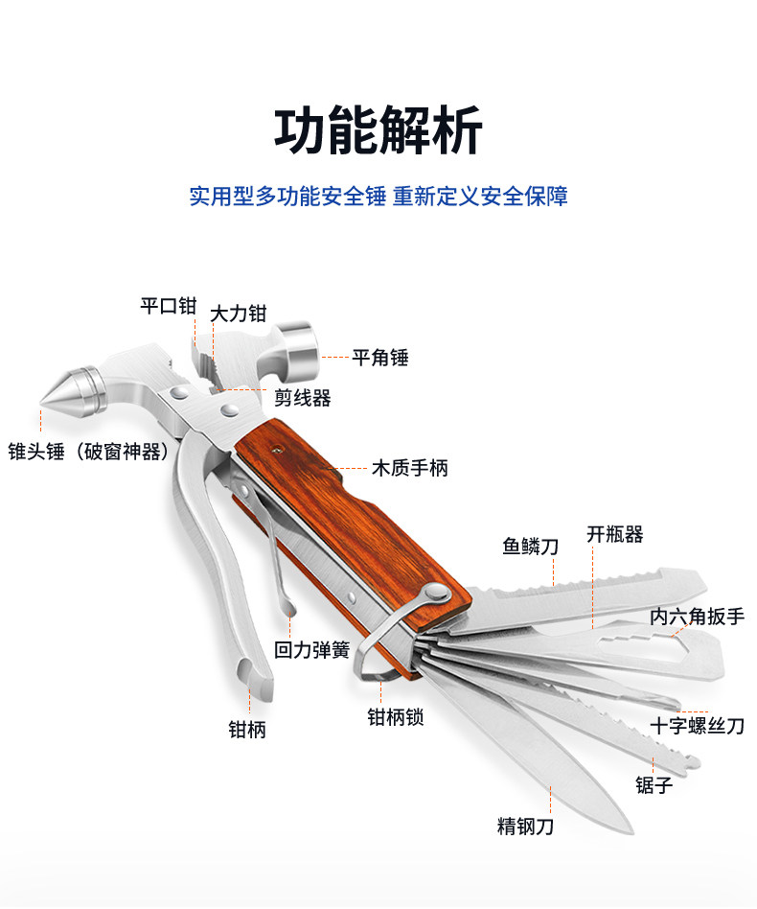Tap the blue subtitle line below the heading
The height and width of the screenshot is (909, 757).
click(378, 197)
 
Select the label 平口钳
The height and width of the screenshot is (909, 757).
click(168, 306)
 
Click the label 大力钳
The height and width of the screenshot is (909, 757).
click(239, 314)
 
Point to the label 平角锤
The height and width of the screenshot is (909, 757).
click(380, 358)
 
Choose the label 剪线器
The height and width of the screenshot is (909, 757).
click(302, 397)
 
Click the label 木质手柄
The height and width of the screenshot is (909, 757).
click(409, 469)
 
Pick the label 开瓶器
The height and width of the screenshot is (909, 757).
click(614, 535)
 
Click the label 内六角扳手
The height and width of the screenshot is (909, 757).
click(697, 617)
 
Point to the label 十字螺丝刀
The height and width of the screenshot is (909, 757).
click(697, 726)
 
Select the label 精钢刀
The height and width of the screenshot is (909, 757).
click(525, 826)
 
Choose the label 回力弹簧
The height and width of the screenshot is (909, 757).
click(311, 650)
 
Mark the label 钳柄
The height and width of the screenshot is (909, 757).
click(246, 730)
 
